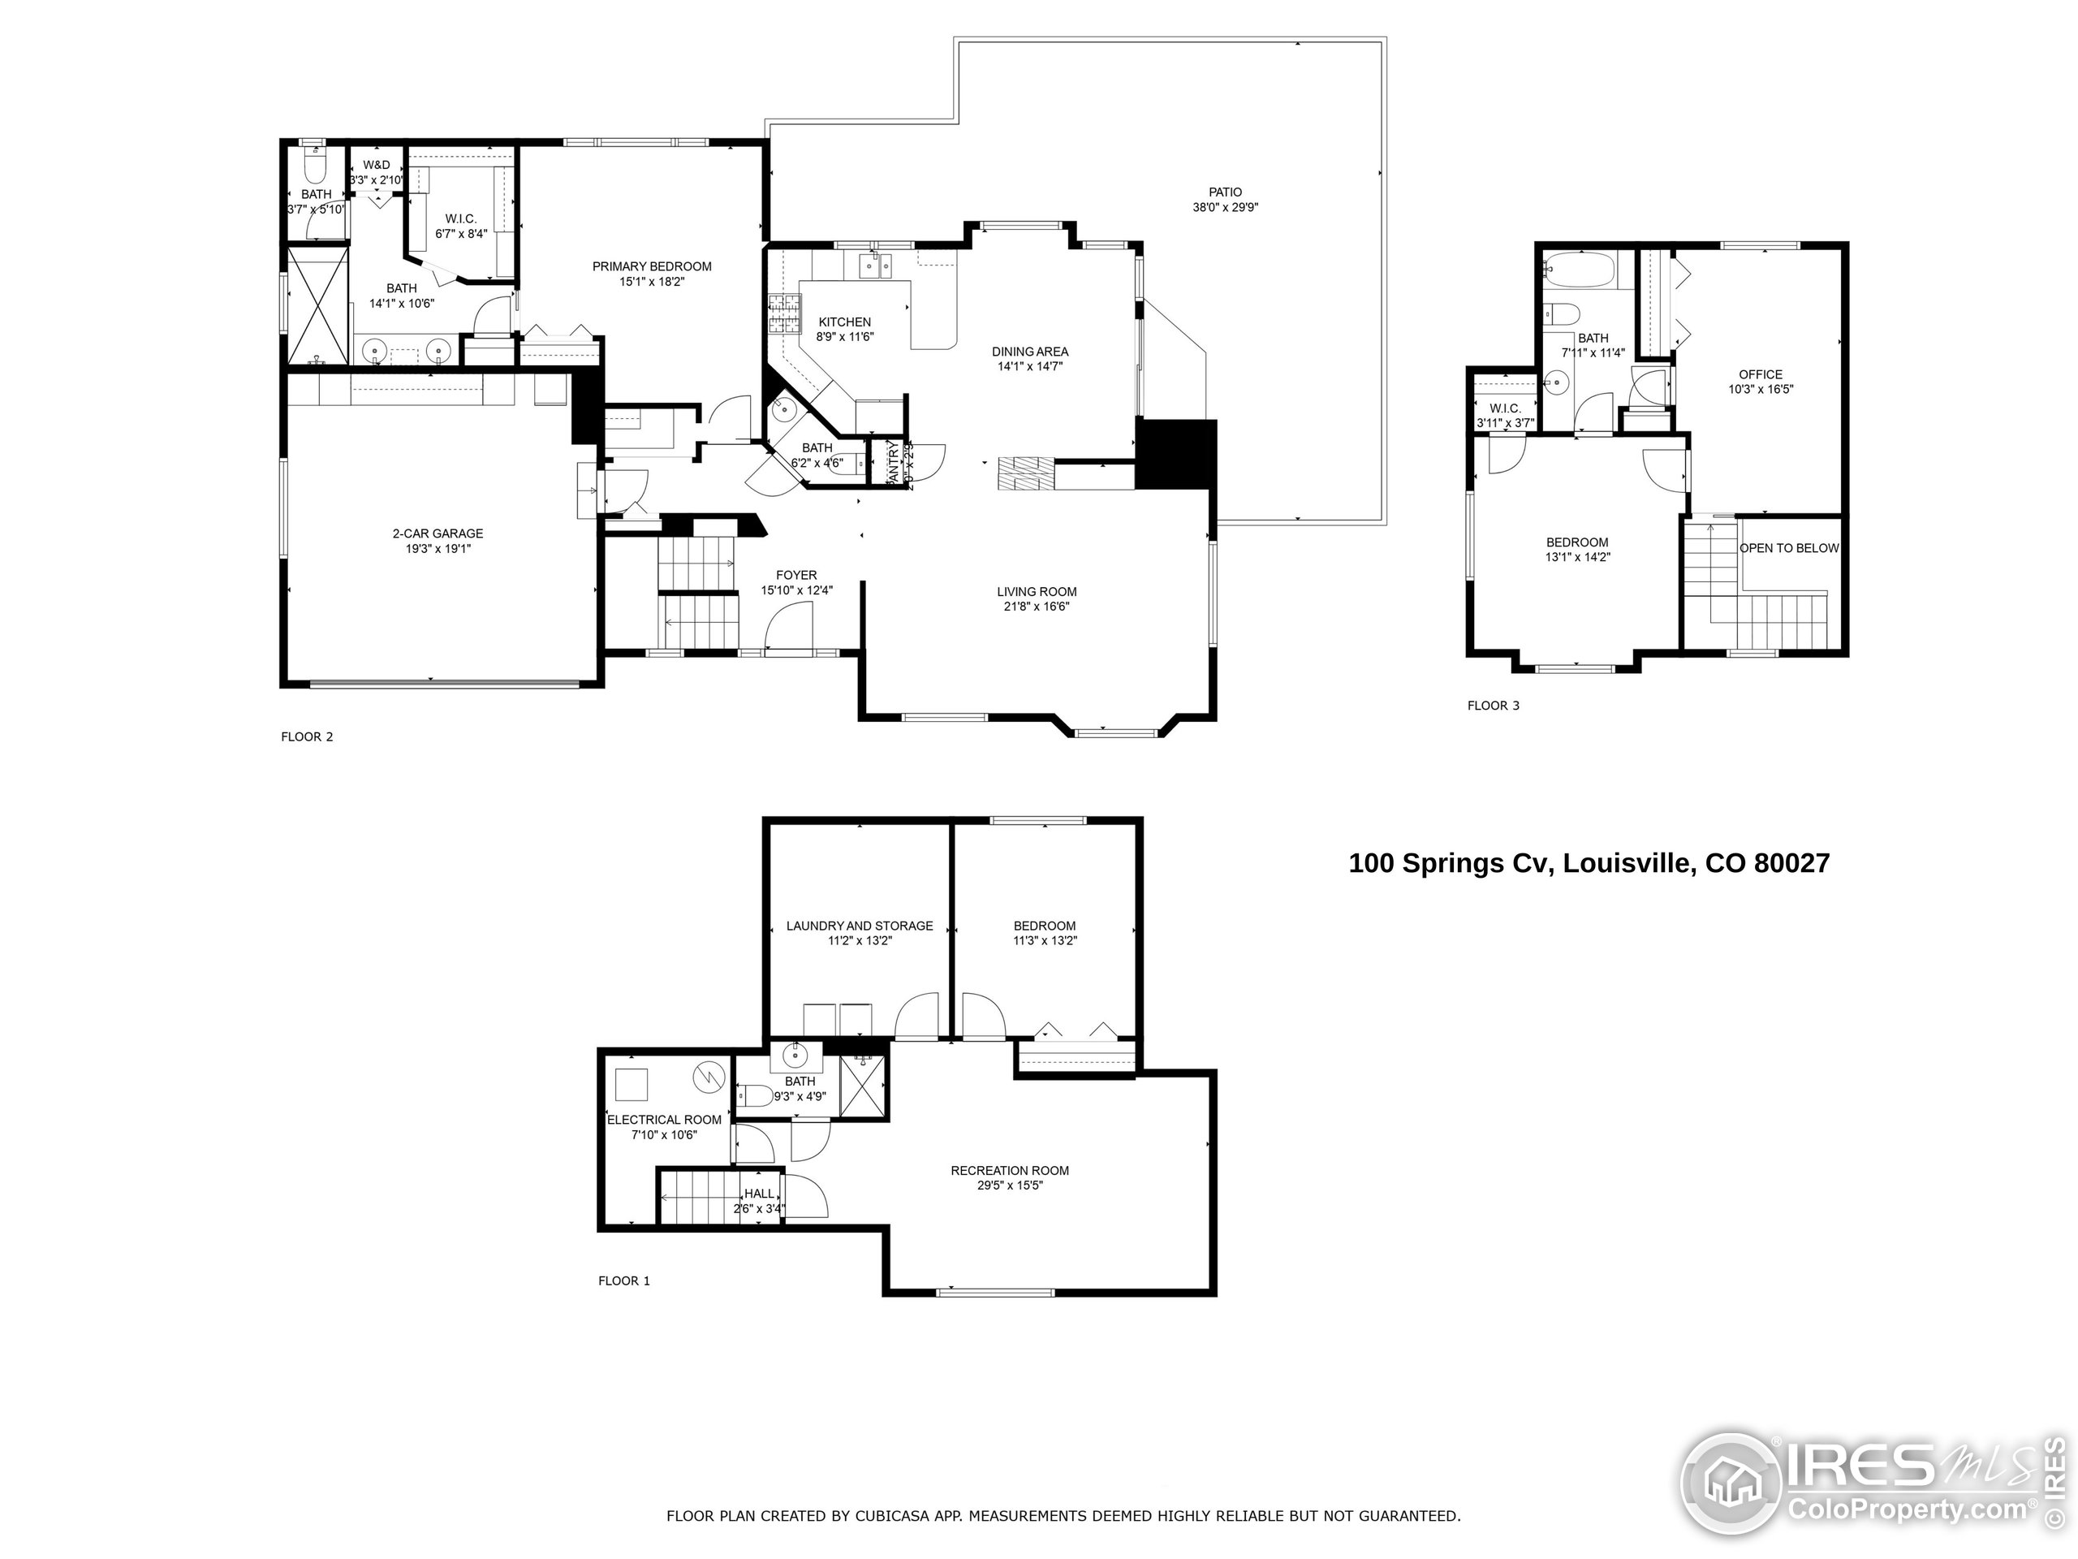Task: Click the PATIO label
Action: pos(1225,192)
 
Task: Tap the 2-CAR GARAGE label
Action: pos(438,533)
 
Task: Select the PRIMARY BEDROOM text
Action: pos(651,267)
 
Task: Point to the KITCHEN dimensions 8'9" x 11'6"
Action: pos(844,336)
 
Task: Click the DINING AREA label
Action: pos(1029,352)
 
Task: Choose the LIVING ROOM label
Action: pos(1037,592)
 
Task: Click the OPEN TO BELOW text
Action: pos(1789,548)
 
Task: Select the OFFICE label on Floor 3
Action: pos(1761,374)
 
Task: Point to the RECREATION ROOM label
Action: pos(1009,1171)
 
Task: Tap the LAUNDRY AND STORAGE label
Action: pos(859,926)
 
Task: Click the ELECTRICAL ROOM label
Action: pos(663,1119)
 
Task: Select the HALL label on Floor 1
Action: pos(759,1194)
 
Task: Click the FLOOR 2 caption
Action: pos(306,736)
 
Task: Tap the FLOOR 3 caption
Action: pos(1493,706)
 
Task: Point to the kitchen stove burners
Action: pos(784,315)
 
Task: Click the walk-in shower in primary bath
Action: pos(317,305)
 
